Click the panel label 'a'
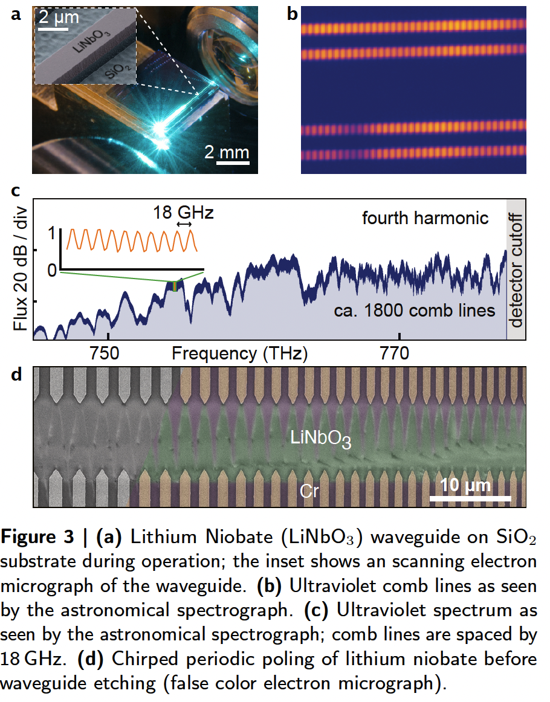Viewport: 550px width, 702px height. pos(16,15)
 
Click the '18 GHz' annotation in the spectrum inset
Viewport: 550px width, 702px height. pos(182,212)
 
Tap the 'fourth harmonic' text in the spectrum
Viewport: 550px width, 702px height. pos(425,217)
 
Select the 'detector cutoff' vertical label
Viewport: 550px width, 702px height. pos(516,269)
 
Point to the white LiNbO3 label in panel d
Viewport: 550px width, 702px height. pos(321,439)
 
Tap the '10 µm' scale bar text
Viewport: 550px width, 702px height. pos(465,486)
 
